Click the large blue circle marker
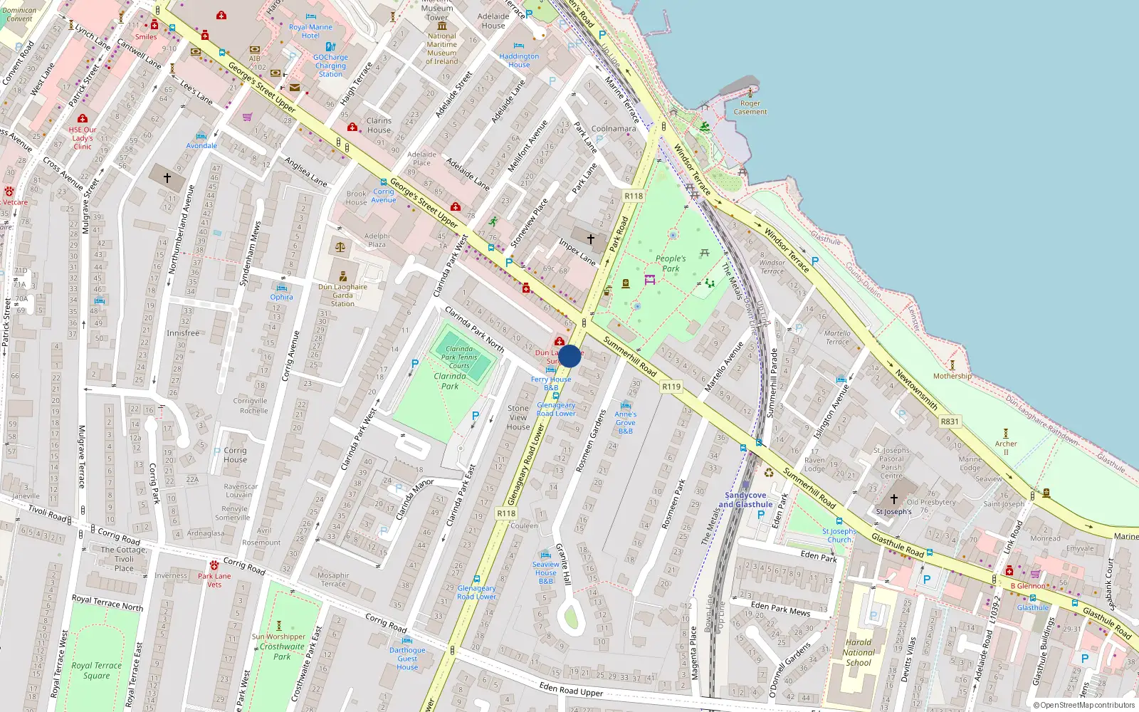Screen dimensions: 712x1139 point(569,356)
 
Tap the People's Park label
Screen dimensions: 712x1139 point(671,263)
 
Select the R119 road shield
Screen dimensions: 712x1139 point(671,387)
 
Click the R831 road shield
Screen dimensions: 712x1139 point(950,422)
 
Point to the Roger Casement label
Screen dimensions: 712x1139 point(750,108)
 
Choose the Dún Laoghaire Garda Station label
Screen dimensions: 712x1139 point(342,295)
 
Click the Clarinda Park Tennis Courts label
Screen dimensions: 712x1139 point(459,357)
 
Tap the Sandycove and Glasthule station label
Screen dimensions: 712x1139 point(745,500)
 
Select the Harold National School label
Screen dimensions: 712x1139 point(859,652)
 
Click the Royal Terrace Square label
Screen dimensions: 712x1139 point(97,671)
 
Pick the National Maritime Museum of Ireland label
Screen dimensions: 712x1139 point(441,48)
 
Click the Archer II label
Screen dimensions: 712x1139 point(1006,448)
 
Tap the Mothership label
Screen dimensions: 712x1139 point(952,376)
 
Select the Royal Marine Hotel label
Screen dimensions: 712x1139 point(310,31)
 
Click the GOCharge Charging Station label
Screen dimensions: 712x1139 point(330,66)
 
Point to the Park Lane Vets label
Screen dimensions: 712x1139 point(214,580)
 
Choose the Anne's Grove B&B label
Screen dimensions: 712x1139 point(626,422)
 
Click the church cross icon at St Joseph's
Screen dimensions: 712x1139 point(894,499)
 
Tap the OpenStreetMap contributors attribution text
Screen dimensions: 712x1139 point(1087,706)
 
